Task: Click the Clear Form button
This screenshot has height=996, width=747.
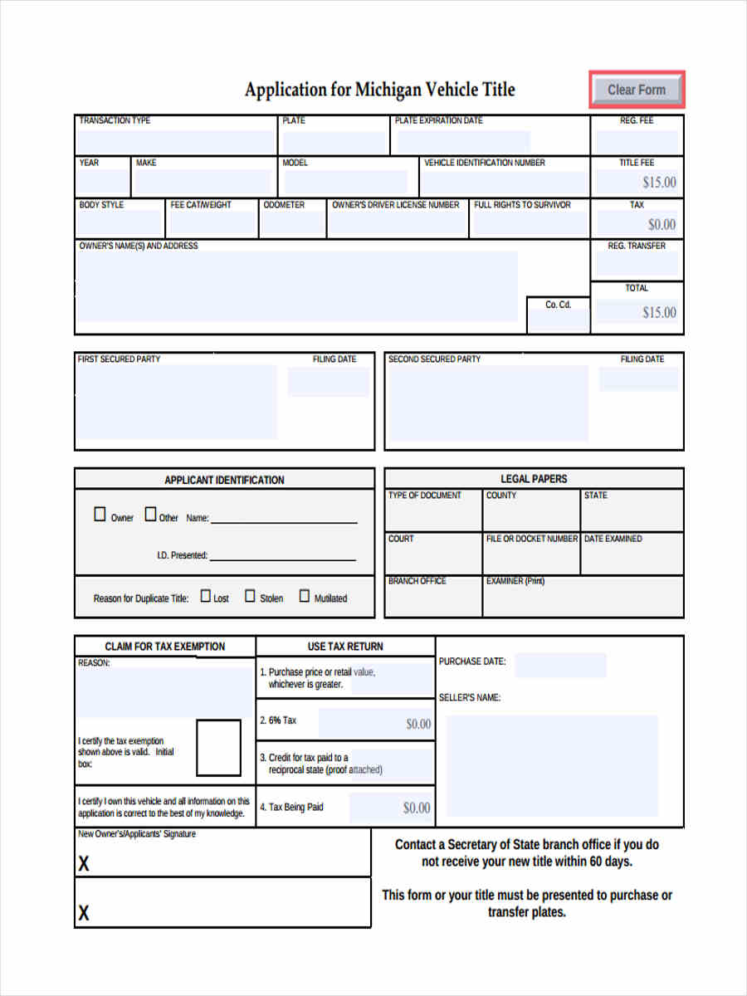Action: (x=637, y=90)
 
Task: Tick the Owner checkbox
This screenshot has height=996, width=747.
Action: (x=100, y=515)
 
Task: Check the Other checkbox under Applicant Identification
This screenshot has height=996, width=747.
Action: (x=150, y=515)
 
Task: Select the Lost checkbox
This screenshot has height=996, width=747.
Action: (x=206, y=596)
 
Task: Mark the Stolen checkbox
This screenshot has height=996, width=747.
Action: (x=250, y=596)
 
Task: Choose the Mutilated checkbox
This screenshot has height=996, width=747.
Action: (x=305, y=596)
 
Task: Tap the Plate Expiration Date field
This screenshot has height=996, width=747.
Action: (x=463, y=141)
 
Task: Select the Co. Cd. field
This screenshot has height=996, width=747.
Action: (x=559, y=320)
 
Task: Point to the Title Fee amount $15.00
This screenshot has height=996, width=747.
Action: (x=659, y=183)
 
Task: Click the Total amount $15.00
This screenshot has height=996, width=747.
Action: (x=659, y=313)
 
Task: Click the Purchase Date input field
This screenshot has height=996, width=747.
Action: (x=560, y=665)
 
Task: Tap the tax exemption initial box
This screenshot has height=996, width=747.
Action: (x=218, y=748)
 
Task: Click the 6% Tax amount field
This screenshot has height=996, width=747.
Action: (x=376, y=723)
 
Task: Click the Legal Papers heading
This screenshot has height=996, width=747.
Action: (x=534, y=479)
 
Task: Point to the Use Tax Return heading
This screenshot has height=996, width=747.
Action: (x=345, y=647)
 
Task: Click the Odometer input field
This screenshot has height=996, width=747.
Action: (x=293, y=223)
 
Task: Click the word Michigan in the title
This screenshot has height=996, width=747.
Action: (x=388, y=90)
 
